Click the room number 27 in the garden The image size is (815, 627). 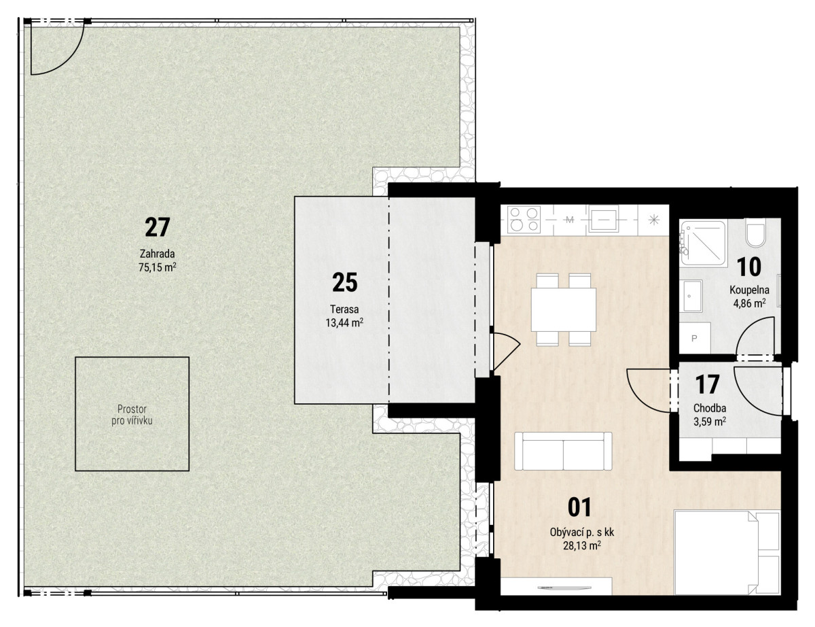(157, 227)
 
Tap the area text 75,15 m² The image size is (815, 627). (157, 267)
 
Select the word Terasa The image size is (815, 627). (344, 309)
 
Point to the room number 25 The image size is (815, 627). (345, 282)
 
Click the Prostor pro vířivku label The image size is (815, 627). (132, 415)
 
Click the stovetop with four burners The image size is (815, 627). (524, 219)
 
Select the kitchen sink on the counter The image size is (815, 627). (603, 218)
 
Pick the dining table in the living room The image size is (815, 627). (563, 309)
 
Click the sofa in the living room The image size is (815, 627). (563, 452)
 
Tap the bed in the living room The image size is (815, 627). (727, 552)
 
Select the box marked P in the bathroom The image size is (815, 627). (695, 338)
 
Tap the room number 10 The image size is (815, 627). (748, 267)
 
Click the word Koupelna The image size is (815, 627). (749, 290)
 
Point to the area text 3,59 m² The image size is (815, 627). (710, 422)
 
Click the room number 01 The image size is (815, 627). (579, 507)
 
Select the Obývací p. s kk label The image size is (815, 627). (582, 532)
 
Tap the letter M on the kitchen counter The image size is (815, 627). (570, 220)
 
